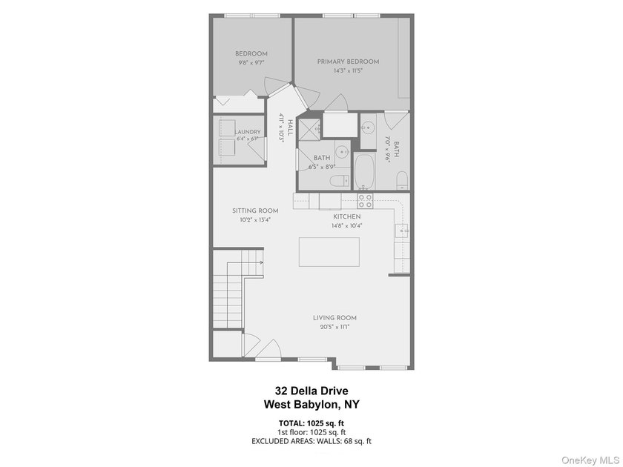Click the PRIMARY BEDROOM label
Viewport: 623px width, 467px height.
pyautogui.click(x=348, y=62)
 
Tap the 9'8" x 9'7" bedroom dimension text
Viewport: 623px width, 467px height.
pyautogui.click(x=251, y=62)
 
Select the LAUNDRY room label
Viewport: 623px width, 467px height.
pyautogui.click(x=248, y=132)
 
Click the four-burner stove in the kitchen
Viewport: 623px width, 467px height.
pyautogui.click(x=365, y=201)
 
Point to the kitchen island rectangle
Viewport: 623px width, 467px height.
pyautogui.click(x=329, y=252)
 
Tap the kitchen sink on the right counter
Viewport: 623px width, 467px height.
pyautogui.click(x=402, y=231)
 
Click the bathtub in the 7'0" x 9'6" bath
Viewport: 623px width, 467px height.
pyautogui.click(x=364, y=171)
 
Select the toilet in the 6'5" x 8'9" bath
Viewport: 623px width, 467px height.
pyautogui.click(x=340, y=182)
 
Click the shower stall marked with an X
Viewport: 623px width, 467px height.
pyautogui.click(x=309, y=127)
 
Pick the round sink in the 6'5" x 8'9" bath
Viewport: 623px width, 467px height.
pyautogui.click(x=342, y=152)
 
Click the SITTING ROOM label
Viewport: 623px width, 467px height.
pyautogui.click(x=255, y=211)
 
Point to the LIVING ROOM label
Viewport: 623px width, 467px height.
pyautogui.click(x=334, y=318)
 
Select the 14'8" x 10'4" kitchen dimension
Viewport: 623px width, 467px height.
pyautogui.click(x=347, y=225)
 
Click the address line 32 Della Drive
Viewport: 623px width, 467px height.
pyautogui.click(x=311, y=391)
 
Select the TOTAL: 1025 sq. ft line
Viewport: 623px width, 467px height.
pyautogui.click(x=311, y=423)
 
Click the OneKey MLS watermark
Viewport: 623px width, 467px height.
pyautogui.click(x=590, y=460)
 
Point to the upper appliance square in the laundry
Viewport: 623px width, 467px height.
pyautogui.click(x=227, y=128)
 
